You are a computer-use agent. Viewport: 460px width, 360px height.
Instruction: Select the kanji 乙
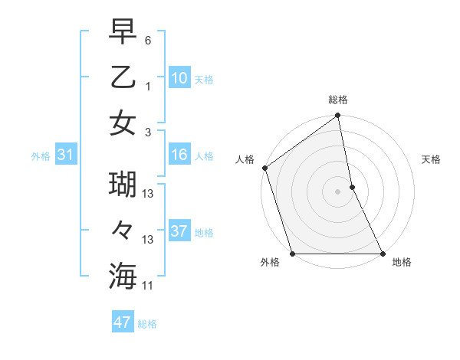123,77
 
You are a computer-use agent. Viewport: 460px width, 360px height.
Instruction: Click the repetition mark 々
123,231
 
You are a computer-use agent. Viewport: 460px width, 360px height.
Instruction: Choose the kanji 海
123,275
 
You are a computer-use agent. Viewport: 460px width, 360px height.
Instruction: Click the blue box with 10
179,77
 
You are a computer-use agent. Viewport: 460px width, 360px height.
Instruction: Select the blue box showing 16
179,155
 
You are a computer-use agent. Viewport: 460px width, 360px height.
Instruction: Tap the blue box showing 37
179,231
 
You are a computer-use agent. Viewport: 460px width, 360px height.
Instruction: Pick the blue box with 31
65,155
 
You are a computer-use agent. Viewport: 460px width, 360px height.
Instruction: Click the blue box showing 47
122,322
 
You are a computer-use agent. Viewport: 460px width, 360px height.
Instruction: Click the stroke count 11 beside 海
149,285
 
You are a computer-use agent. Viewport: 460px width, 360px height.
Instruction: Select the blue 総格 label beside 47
147,324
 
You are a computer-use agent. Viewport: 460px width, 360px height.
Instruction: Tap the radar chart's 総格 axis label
338,100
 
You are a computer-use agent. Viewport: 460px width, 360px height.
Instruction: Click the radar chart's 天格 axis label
432,160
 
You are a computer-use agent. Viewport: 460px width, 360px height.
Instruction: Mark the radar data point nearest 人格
264,168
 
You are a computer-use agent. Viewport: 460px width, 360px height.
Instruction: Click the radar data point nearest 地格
383,253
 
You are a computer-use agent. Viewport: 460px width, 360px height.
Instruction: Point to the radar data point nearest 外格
292,253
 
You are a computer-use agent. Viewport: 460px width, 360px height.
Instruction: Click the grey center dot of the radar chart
338,191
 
